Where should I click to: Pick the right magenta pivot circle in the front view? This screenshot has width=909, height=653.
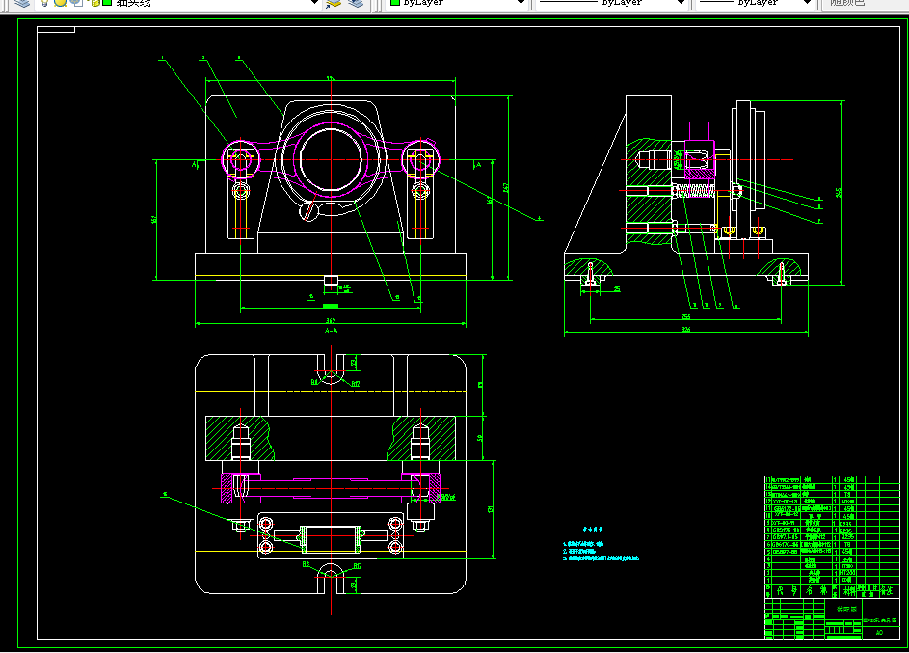(419, 159)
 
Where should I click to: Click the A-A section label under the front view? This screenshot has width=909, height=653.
(331, 330)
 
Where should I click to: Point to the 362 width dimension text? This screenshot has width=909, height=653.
(331, 319)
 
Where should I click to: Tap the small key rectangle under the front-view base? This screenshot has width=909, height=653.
(331, 282)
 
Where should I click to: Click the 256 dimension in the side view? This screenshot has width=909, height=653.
(686, 315)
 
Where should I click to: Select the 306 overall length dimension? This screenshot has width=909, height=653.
(686, 330)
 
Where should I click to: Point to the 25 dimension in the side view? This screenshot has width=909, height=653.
(617, 288)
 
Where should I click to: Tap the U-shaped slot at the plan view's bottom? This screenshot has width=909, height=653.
(331, 577)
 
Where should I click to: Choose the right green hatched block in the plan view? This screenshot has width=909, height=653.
(422, 438)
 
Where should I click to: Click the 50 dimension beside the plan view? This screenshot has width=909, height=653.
(479, 438)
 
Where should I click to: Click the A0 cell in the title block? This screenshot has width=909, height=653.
(878, 634)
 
